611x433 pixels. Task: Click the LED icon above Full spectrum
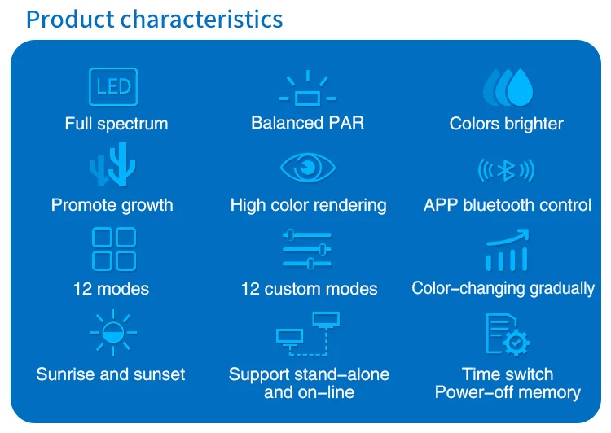coord(113,86)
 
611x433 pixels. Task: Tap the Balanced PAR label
coord(307,123)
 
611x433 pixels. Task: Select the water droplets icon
coord(508,87)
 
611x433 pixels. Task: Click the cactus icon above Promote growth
coord(112,164)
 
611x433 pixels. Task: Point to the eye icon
coord(308,168)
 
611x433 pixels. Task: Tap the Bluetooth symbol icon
coord(506,170)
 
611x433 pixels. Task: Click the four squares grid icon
coord(114,249)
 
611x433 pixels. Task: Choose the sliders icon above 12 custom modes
coord(307,249)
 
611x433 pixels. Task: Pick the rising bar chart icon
coord(507,250)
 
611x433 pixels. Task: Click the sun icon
coord(113,333)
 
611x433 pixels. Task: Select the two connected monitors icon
coord(308,334)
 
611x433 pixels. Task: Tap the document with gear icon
coord(508,335)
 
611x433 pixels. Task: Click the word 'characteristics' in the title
coord(201,19)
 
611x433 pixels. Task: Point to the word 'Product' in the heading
coord(70,19)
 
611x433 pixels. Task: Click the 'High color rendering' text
coord(308,205)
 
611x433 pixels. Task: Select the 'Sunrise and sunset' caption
coord(111,374)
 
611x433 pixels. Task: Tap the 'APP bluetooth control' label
coord(508,205)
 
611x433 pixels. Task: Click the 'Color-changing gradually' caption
coord(503,289)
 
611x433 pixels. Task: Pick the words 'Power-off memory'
coord(508,392)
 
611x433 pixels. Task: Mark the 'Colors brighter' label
coord(506,124)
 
